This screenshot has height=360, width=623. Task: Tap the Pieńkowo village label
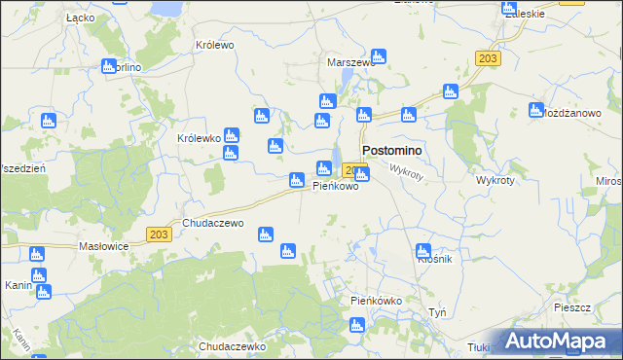coord(335,186)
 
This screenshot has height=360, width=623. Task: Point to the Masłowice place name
coord(104,246)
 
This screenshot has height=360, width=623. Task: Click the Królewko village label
coord(199,138)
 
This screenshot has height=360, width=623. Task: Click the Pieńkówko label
coord(376,301)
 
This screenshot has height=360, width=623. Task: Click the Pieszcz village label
coord(571,306)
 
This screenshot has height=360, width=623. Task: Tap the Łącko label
coord(79,18)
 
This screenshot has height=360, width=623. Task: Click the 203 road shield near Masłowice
coord(160,234)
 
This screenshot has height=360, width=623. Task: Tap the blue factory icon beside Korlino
coord(108,66)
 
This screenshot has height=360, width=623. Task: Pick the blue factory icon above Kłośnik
coord(422,250)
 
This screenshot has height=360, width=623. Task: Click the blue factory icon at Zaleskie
coord(510,11)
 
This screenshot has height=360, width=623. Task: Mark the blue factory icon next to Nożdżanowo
coord(534,110)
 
